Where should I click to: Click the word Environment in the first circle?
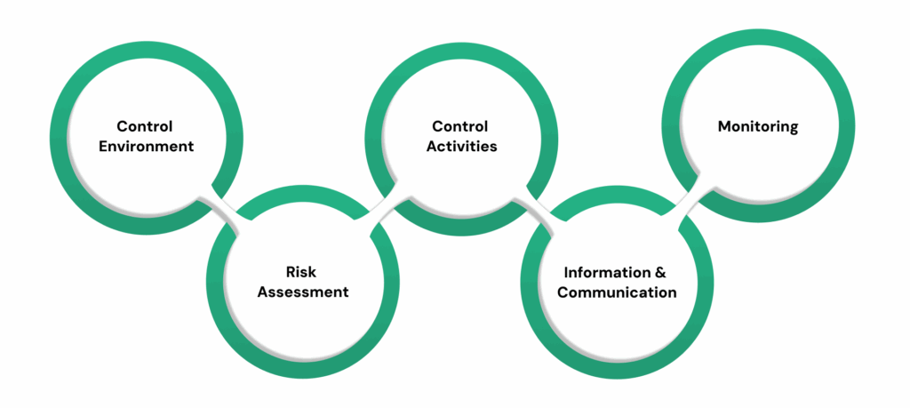146,146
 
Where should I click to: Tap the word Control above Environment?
146,126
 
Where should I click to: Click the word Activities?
460,146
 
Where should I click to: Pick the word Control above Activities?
460,126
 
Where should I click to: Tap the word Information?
604,272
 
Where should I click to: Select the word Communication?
616,292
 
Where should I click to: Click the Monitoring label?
757,126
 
